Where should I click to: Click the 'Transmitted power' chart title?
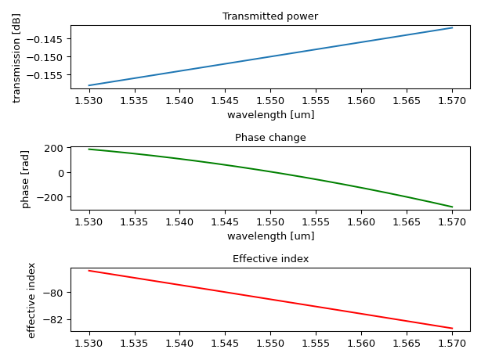(x=270, y=16)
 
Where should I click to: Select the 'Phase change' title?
(x=270, y=138)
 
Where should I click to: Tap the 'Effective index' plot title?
(x=270, y=259)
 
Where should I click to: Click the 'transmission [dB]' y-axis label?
(x=16, y=57)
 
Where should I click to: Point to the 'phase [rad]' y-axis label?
(x=25, y=178)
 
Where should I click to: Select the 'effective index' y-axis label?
(x=32, y=300)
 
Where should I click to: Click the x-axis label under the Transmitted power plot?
(x=270, y=115)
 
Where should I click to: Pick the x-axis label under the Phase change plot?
(x=270, y=236)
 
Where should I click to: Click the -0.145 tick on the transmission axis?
(x=51, y=39)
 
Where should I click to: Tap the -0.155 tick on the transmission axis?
(x=51, y=75)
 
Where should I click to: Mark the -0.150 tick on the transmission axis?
(x=51, y=57)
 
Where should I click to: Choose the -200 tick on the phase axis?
(x=52, y=197)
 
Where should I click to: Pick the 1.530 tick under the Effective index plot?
(x=89, y=343)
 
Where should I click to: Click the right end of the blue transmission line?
(x=452, y=28)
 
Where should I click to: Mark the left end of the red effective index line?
(x=89, y=271)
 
